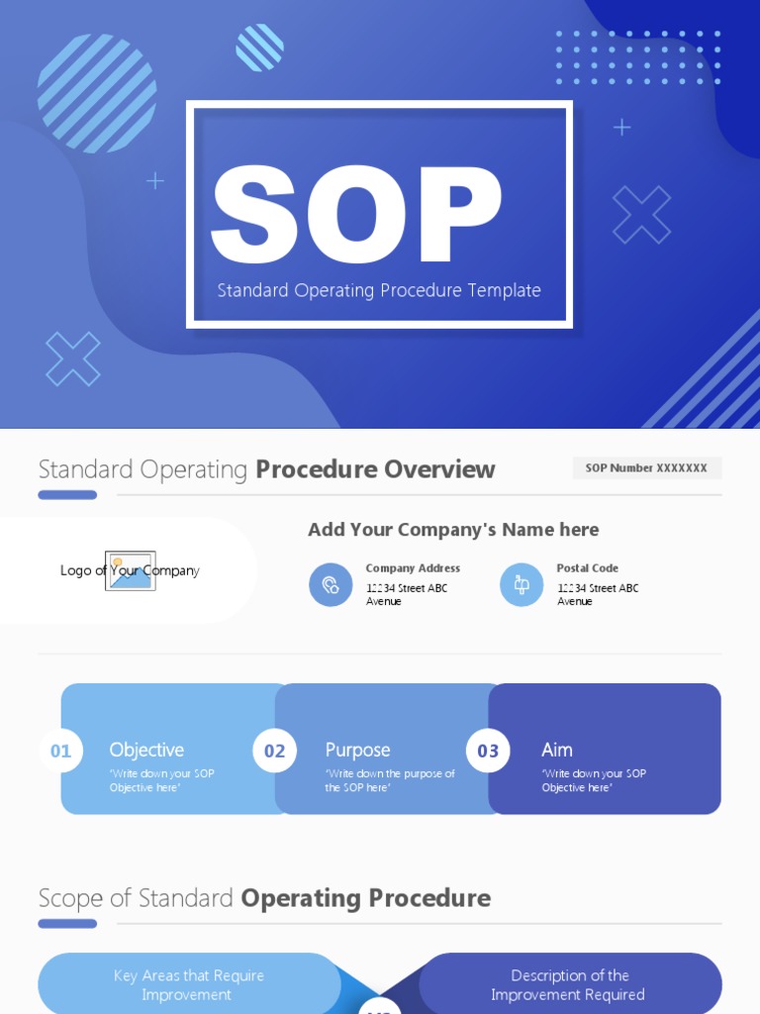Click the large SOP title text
pos(356,216)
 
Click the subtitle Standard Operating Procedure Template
pos(379,290)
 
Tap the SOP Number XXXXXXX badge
pos(646,468)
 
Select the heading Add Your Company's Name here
pos(453,530)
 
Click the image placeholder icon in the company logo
pos(131,571)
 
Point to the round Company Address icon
pos(331,585)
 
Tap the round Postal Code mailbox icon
pos(522,585)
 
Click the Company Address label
pos(413,568)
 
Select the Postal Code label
pos(588,568)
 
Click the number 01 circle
pos(61,751)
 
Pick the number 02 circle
pos(275,751)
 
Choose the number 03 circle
pos(489,751)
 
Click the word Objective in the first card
pos(146,751)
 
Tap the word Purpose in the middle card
pos(357,751)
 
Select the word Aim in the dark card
pos(557,751)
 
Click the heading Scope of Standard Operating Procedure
pos(264,898)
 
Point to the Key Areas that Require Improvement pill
pos(188,984)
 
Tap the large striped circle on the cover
pos(97,93)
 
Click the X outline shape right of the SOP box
pos(641,215)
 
